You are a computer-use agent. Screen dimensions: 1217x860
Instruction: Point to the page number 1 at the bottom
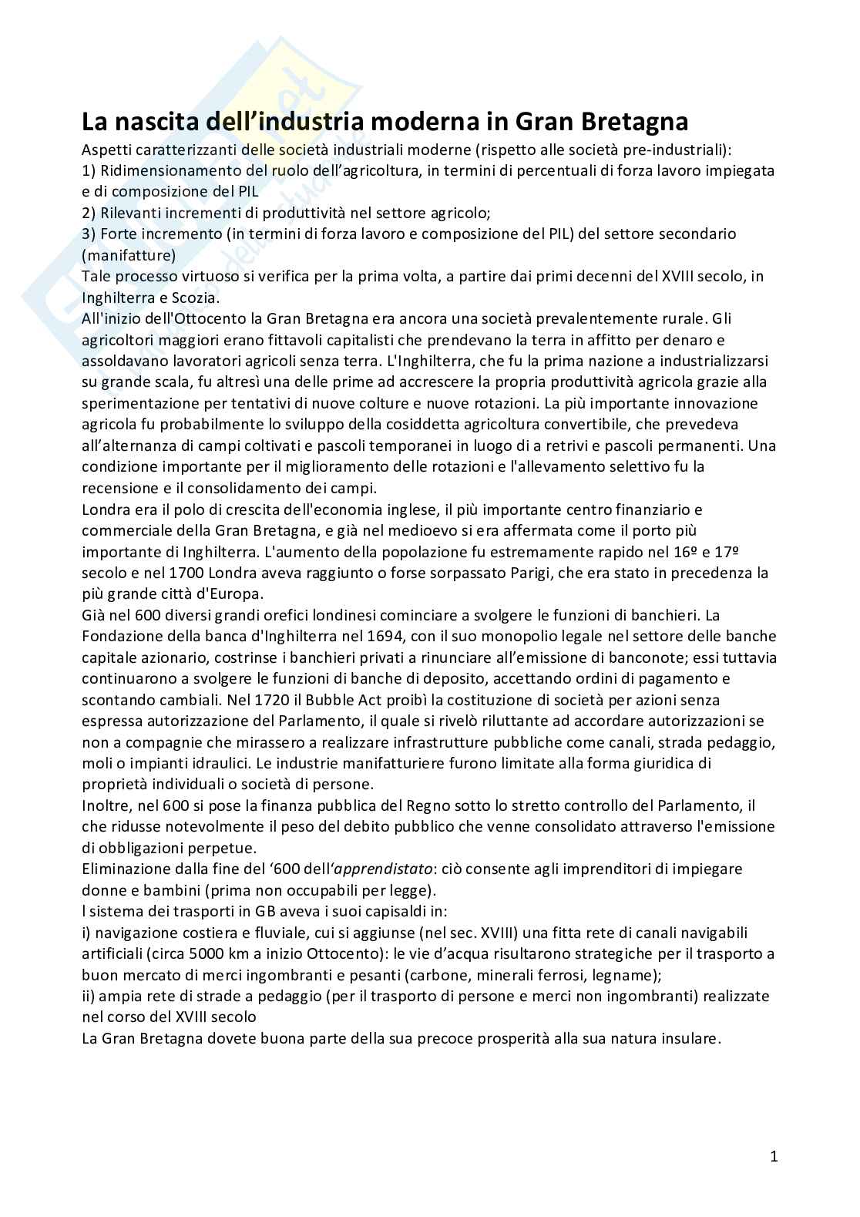(774, 1156)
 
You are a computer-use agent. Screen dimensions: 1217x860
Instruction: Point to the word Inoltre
(106, 805)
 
